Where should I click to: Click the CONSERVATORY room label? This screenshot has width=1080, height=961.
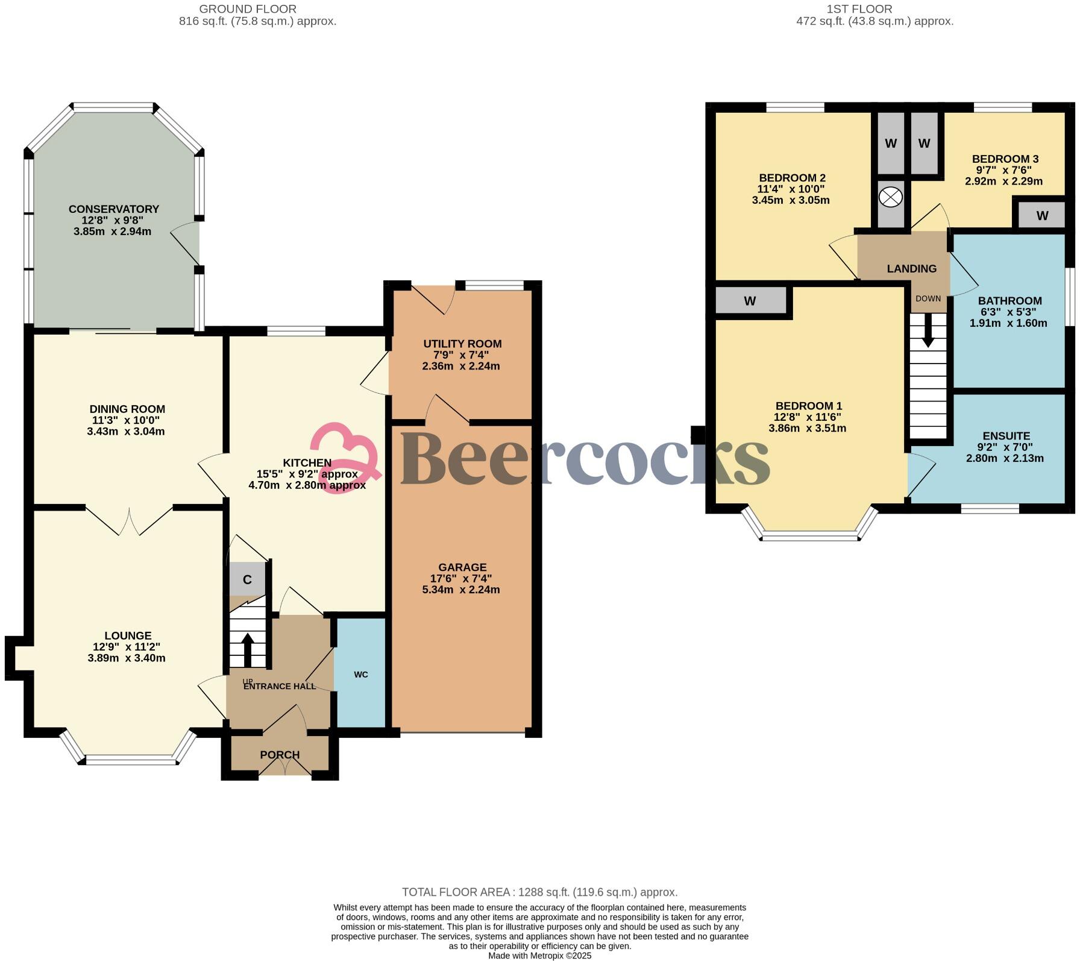tap(113, 209)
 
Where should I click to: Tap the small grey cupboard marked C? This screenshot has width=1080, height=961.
tap(247, 580)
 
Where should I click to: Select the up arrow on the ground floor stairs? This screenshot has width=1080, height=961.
tap(248, 649)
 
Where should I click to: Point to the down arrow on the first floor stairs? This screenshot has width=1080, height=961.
tap(928, 333)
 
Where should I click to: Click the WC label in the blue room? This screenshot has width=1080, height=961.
tap(360, 675)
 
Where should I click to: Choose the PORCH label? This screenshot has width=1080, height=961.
tap(280, 755)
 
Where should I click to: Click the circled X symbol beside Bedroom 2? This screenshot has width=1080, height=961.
tap(890, 197)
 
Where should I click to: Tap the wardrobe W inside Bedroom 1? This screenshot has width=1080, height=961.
tap(750, 301)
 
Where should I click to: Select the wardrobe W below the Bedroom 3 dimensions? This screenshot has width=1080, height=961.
tap(1042, 216)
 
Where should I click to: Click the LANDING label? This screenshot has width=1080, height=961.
tap(911, 269)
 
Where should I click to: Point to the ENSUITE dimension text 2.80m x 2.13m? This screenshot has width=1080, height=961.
tap(1005, 458)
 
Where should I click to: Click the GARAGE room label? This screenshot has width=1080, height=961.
tap(462, 567)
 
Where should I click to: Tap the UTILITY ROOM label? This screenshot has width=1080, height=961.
tap(462, 344)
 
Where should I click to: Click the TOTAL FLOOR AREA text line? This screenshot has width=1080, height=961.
tap(539, 892)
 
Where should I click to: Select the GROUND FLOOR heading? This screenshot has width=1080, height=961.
tap(248, 9)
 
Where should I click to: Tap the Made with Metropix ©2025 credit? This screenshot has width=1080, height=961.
tap(539, 956)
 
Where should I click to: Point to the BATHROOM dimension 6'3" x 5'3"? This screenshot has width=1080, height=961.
tap(1009, 312)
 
